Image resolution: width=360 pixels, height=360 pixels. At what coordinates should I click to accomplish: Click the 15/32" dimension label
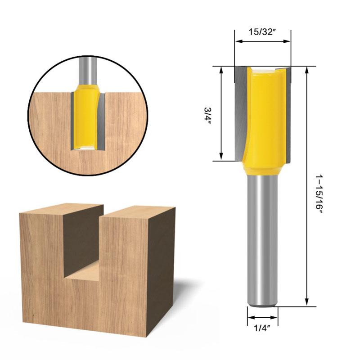262,32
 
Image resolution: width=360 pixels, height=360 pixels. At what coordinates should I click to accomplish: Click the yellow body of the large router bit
265,117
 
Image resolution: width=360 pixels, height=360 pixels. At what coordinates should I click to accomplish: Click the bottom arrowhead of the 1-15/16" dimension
307,303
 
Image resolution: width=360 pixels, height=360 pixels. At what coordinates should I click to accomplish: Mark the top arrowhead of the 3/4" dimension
221,70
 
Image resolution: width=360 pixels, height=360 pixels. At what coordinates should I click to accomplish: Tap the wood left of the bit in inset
49,121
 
